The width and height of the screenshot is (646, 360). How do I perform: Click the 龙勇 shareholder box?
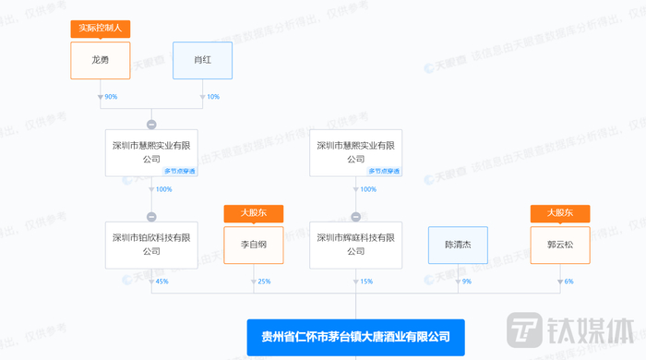point(101,60)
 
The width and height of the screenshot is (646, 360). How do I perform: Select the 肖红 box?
point(202,60)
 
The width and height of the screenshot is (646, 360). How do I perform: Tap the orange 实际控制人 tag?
point(101,28)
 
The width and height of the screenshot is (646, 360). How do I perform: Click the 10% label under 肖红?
point(213,97)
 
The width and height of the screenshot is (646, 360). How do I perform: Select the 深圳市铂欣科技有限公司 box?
point(151,246)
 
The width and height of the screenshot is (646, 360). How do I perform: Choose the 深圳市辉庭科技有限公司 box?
point(355,246)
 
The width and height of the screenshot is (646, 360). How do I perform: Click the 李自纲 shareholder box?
point(254,246)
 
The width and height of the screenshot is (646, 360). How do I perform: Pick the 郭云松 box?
point(560,246)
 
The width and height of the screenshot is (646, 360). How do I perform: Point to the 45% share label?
point(162,282)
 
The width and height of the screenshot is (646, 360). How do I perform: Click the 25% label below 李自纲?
point(265,282)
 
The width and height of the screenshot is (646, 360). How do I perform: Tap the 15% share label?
point(366,282)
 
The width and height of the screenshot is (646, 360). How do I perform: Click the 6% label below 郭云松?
point(569,282)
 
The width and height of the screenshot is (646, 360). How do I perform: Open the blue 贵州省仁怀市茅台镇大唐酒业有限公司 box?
point(355,337)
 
